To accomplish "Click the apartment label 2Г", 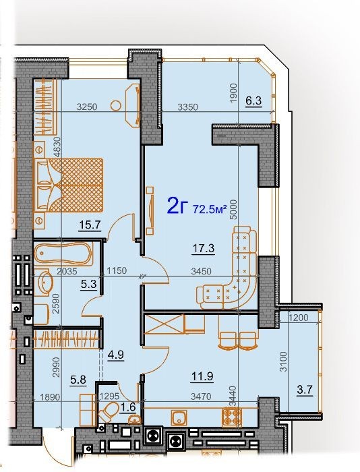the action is pyautogui.click(x=177, y=206).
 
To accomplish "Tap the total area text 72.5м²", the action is pyautogui.click(x=210, y=209).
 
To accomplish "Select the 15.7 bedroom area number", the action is pyautogui.click(x=90, y=225).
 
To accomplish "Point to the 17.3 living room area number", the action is pyautogui.click(x=203, y=248).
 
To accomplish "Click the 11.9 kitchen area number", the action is pyautogui.click(x=203, y=376).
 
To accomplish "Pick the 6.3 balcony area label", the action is pyautogui.click(x=253, y=100).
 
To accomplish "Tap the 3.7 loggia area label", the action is pyautogui.click(x=304, y=390).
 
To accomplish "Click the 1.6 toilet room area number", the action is pyautogui.click(x=128, y=407).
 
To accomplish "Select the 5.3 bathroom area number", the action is pyautogui.click(x=89, y=284).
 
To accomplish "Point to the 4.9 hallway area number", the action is pyautogui.click(x=116, y=355).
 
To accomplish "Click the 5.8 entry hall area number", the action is pyautogui.click(x=78, y=380).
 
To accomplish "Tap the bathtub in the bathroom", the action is pyautogui.click(x=63, y=254).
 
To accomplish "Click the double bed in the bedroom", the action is pyautogui.click(x=68, y=185).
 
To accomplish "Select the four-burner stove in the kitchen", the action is pyautogui.click(x=232, y=417).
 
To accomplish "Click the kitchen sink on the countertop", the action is pyautogui.click(x=179, y=417).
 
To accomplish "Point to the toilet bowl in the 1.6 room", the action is pyautogui.click(x=108, y=411).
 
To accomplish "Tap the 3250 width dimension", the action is pyautogui.click(x=87, y=107).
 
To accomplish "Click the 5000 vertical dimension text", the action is pyautogui.click(x=233, y=210).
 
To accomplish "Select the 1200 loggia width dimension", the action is pyautogui.click(x=299, y=318).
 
